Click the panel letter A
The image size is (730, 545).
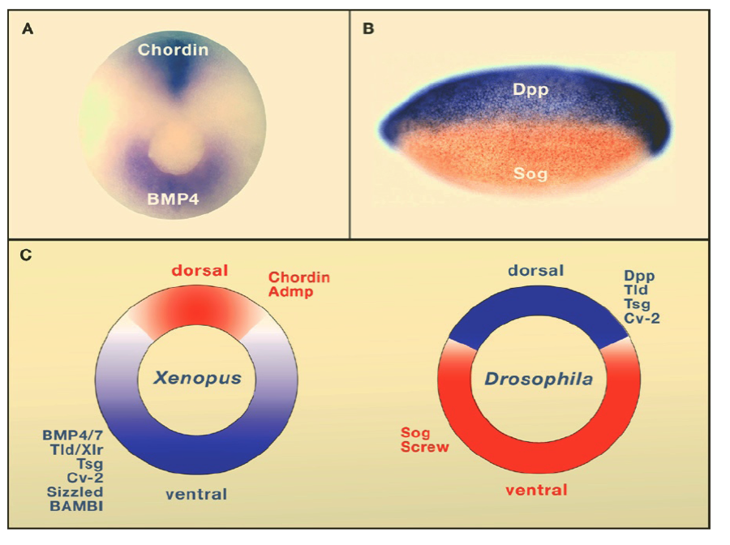28,30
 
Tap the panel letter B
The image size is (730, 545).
368,30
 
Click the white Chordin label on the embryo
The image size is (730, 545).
173,50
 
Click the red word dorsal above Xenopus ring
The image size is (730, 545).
200,270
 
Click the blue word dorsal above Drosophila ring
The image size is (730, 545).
536,270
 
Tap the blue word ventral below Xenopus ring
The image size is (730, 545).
197,494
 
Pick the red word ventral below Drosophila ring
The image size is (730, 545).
536,490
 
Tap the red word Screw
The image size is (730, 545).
426,447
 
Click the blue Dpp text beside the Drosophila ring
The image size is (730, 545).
639,276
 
